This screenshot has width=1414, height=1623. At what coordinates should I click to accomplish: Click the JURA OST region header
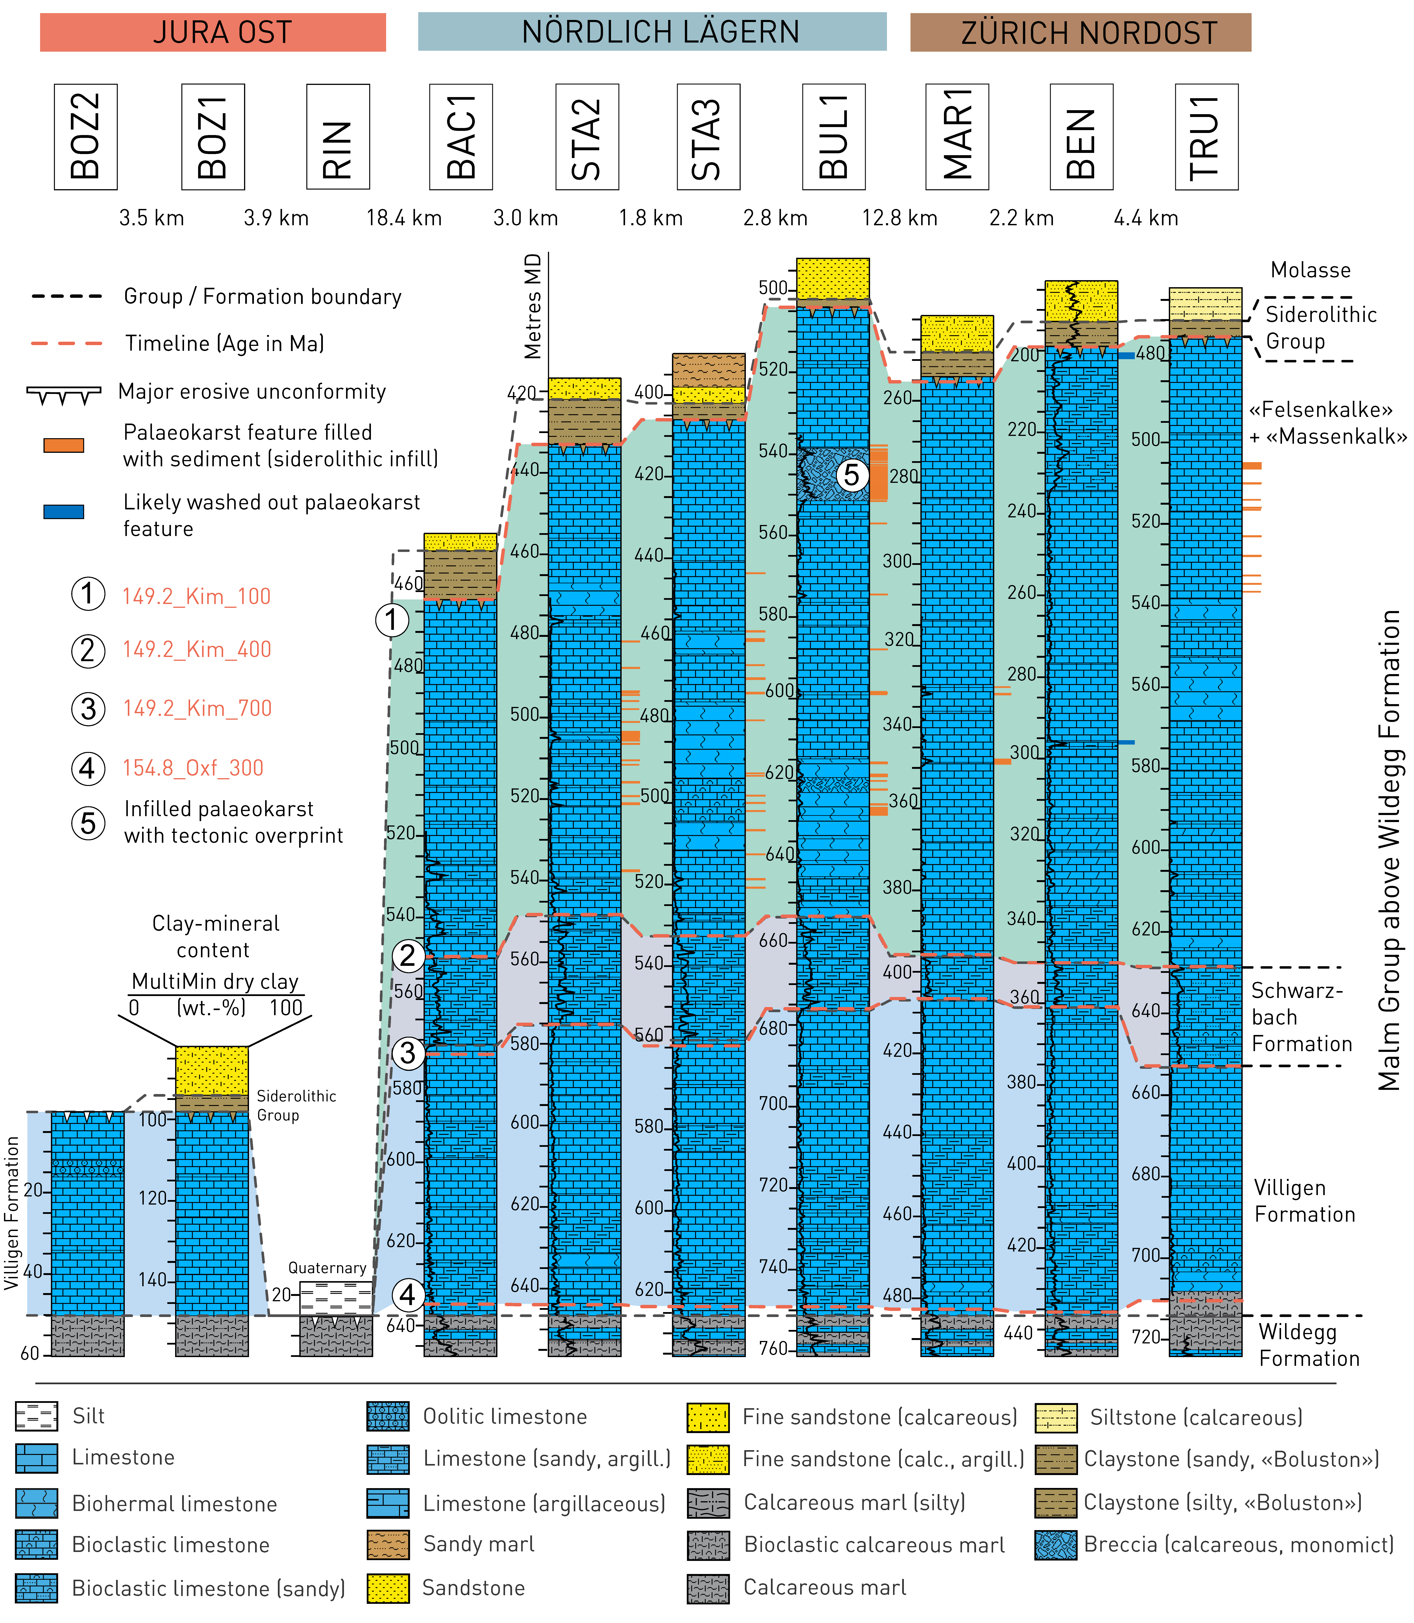(x=213, y=32)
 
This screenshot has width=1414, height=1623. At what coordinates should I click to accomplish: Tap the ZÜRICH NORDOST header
(x=1080, y=32)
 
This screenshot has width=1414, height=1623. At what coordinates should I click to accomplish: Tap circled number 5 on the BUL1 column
(x=851, y=475)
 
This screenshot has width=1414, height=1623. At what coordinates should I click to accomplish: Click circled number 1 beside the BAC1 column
(x=391, y=620)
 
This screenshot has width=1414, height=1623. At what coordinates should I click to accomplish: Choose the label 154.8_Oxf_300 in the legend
(x=193, y=768)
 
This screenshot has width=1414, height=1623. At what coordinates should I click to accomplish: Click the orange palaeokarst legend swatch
(x=63, y=445)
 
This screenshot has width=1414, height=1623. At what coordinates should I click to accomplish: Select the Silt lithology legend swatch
(x=36, y=1416)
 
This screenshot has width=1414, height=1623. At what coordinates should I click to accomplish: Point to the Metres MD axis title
(x=533, y=306)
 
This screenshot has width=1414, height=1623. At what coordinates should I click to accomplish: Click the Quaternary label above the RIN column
(x=327, y=1268)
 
